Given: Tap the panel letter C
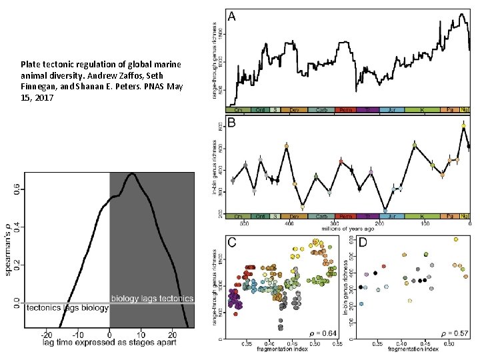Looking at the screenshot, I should [x=232, y=242].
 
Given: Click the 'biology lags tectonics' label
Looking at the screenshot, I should [x=152, y=298].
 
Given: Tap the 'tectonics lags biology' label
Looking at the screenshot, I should [x=67, y=308].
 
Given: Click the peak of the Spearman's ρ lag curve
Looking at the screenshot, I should [x=132, y=173].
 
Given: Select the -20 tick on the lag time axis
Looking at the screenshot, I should [x=47, y=334].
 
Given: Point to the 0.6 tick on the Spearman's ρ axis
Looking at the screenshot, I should [x=17, y=190].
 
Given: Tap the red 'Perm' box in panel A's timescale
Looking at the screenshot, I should [x=345, y=108].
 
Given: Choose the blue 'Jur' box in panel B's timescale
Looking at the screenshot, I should [x=394, y=217].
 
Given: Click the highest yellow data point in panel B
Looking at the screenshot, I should [x=463, y=125].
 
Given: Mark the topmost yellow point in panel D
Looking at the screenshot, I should [x=455, y=239].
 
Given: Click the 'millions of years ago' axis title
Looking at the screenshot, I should [x=349, y=228].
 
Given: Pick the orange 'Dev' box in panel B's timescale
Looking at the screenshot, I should [x=294, y=217].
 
